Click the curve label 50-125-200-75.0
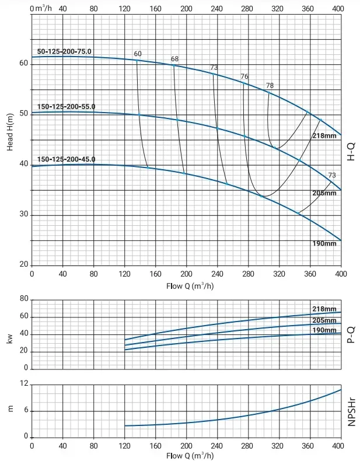[x=64, y=51]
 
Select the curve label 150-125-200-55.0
[x=66, y=106]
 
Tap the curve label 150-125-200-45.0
[x=66, y=159]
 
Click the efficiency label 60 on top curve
[x=138, y=54]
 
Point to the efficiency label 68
[x=174, y=59]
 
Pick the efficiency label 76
[x=244, y=76]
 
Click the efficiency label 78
[x=270, y=86]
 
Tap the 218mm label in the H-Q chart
[x=324, y=135]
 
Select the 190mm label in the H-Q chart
[x=324, y=244]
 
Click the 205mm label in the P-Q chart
[x=324, y=320]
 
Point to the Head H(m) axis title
[x=10, y=132]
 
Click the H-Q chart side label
[x=351, y=152]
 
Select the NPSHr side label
[x=351, y=412]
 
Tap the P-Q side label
[x=351, y=334]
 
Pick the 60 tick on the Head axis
[x=24, y=64]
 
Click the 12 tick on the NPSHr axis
[x=25, y=383]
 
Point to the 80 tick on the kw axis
[x=24, y=299]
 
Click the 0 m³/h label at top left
[x=41, y=8]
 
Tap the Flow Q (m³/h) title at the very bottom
[x=190, y=456]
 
